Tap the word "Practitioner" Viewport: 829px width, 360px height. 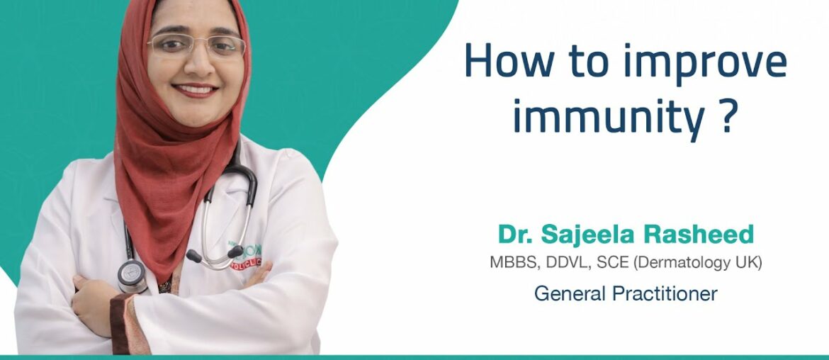tap(670, 293)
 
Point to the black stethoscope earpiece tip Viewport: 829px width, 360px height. tap(193, 256)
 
